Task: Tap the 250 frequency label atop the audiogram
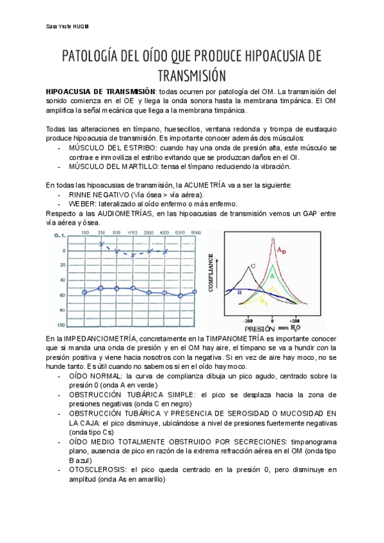point(100,232)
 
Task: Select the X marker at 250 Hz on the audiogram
point(100,244)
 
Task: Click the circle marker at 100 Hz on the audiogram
point(84,292)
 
